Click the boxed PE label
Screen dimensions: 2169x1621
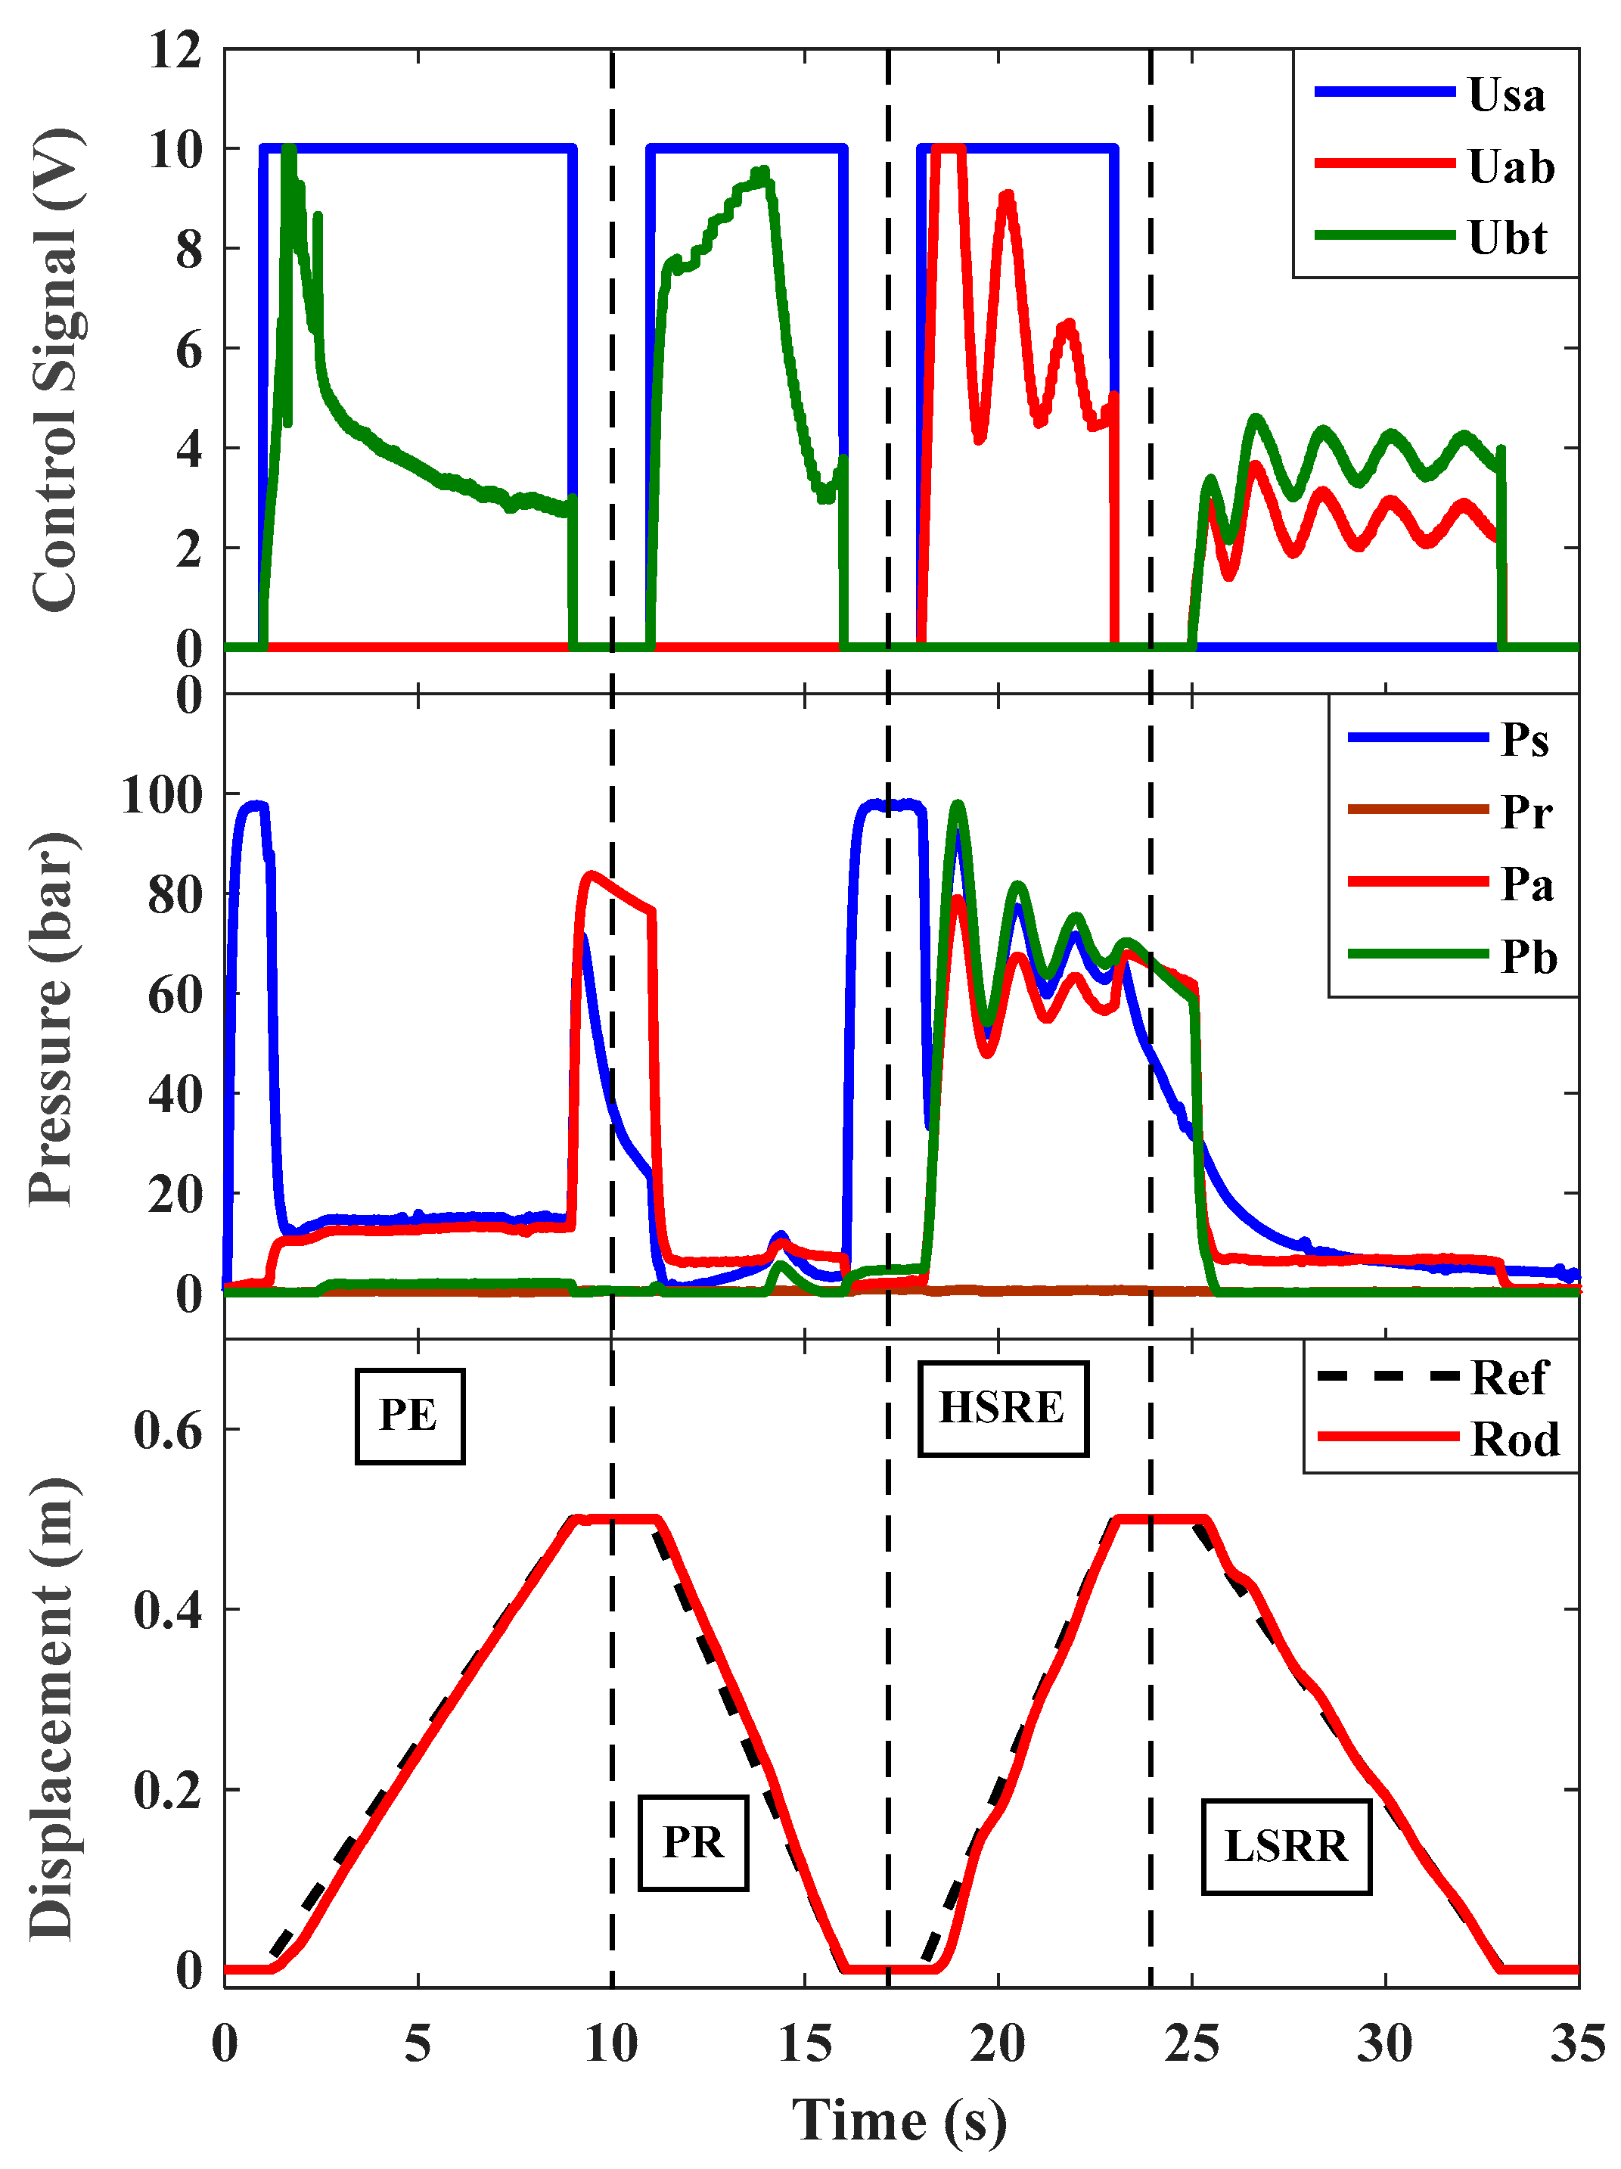point(409,1414)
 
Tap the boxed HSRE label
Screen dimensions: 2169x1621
point(1001,1407)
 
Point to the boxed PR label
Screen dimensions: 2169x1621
point(692,1841)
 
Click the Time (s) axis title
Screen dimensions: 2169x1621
point(899,2120)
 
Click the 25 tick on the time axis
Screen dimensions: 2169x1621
point(1191,2044)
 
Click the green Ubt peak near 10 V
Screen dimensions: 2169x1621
point(288,150)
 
